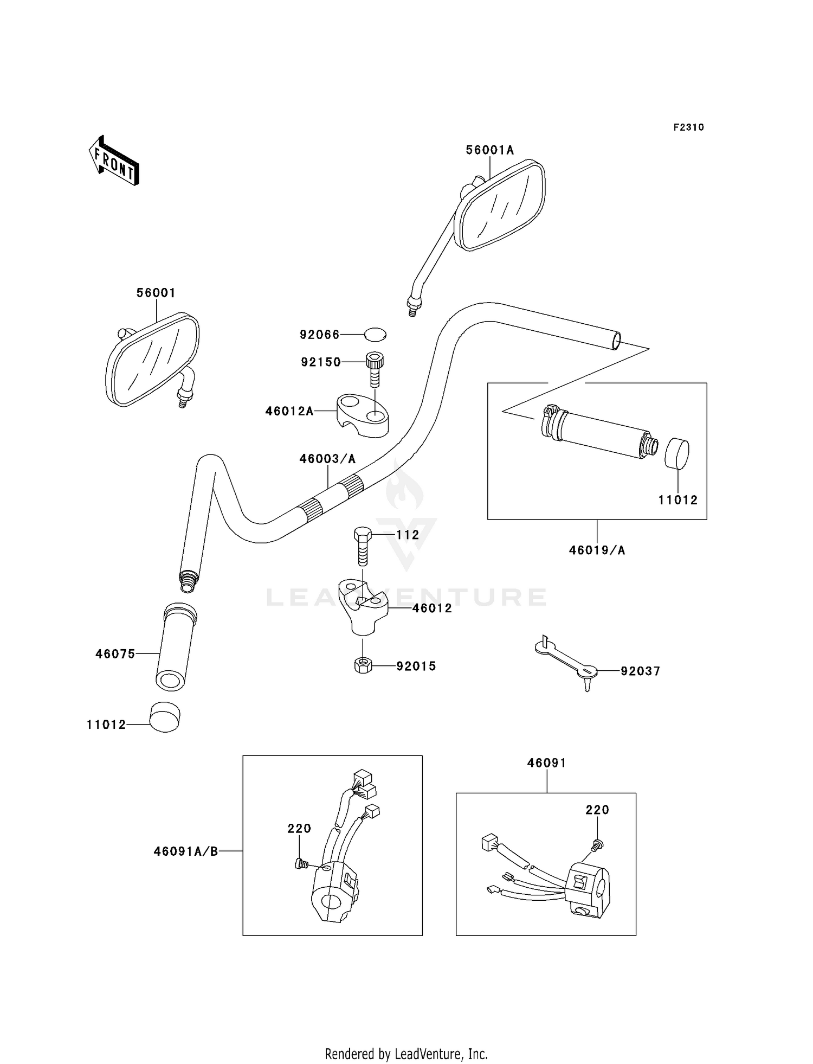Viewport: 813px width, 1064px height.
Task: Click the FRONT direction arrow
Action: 114,161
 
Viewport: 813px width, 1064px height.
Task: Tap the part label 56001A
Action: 489,150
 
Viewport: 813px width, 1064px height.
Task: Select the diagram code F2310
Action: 688,127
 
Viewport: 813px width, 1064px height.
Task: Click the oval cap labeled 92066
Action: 375,335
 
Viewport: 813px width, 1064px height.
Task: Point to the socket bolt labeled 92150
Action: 375,369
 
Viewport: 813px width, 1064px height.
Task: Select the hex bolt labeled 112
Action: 363,546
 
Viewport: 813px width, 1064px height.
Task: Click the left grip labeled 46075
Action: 176,648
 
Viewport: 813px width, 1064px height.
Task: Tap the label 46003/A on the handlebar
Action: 327,459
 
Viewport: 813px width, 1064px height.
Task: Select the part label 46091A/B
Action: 186,851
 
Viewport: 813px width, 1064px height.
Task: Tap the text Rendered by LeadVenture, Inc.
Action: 406,1054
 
